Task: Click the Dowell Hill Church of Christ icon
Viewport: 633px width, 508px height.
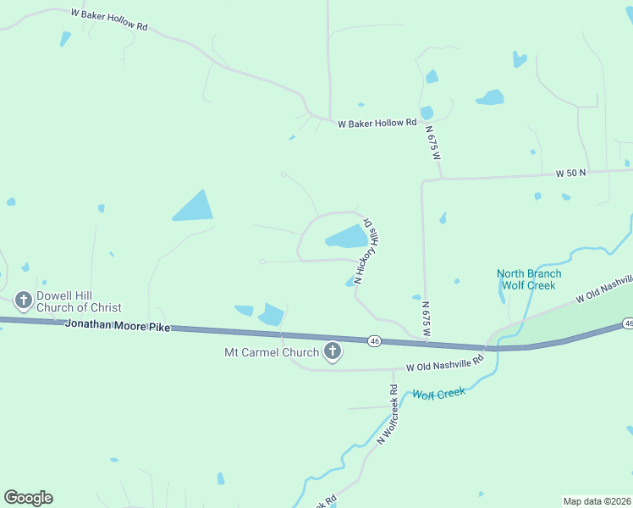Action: [24, 301]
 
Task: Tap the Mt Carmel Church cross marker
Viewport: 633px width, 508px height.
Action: [333, 352]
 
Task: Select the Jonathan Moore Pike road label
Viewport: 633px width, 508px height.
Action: [117, 325]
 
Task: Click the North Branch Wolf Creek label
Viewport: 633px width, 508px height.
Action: [528, 279]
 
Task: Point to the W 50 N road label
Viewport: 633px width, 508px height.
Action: [571, 173]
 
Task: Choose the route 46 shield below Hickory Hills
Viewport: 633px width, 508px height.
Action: [374, 341]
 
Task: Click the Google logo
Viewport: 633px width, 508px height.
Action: [28, 498]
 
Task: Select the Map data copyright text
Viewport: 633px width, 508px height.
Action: [597, 501]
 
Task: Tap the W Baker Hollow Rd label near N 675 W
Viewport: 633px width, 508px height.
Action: [377, 123]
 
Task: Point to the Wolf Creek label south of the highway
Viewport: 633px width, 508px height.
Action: [438, 395]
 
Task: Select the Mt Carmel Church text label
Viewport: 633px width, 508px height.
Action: [271, 352]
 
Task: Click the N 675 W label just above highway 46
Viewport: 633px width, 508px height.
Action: [426, 320]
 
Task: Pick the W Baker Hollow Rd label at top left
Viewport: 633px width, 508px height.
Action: [110, 20]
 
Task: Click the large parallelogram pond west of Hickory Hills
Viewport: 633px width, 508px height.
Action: [194, 206]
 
